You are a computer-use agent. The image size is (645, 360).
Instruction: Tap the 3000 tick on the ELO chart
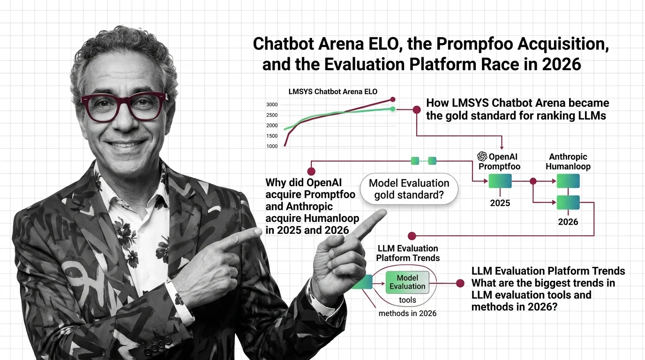click(271, 105)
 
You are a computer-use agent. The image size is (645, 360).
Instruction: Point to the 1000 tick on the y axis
click(271, 146)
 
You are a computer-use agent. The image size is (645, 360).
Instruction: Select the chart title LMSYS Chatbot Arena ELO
click(333, 91)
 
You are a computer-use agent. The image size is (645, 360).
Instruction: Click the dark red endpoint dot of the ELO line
click(393, 99)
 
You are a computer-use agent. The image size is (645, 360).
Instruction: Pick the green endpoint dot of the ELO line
click(393, 109)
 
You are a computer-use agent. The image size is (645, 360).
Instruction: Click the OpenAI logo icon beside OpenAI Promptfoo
click(482, 157)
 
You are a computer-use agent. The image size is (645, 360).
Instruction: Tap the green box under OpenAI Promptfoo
click(500, 181)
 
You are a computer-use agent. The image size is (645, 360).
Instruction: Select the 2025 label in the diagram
click(500, 203)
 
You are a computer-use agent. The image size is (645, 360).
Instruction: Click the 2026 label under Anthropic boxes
click(568, 222)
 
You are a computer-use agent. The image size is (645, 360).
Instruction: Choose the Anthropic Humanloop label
click(568, 161)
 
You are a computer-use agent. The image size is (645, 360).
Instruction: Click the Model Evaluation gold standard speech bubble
click(409, 189)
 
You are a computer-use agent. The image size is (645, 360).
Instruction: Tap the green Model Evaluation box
click(407, 282)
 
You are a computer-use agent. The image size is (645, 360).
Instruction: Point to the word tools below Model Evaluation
click(407, 300)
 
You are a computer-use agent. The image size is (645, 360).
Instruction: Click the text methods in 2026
click(407, 313)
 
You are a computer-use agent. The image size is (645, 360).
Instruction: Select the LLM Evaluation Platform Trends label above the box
click(407, 253)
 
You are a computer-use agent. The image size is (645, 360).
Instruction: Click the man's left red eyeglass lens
click(102, 107)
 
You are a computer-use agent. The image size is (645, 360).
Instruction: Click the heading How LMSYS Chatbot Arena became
click(517, 103)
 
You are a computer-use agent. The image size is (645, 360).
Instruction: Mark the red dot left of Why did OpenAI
click(311, 172)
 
